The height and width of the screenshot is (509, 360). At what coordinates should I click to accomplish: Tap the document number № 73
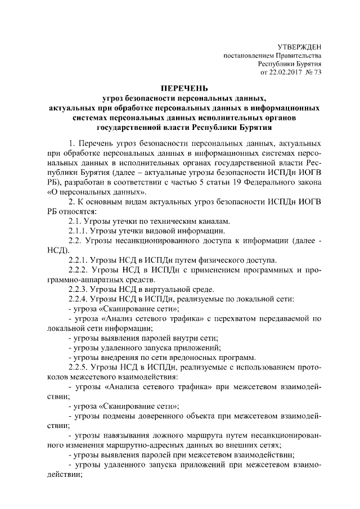coord(313,73)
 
